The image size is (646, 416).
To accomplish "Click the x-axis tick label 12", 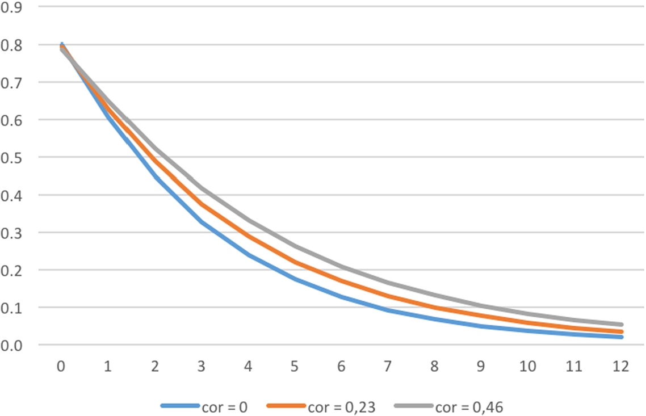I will point(621,366).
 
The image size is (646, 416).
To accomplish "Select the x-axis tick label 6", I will point(341,366).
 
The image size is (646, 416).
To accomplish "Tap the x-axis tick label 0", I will point(61,366).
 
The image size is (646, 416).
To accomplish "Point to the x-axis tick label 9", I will point(481,366).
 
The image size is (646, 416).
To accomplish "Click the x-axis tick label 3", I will point(201,366).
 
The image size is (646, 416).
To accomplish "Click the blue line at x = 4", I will point(248,255).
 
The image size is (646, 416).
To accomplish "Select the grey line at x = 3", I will point(201,188).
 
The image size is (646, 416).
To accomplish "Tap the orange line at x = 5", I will point(294,262).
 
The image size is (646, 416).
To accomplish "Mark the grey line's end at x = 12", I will point(621,325).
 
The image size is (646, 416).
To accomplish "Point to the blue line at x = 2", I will point(154,178).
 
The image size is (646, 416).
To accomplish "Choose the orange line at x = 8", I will point(434,308).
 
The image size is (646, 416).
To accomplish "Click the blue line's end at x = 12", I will point(621,337).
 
